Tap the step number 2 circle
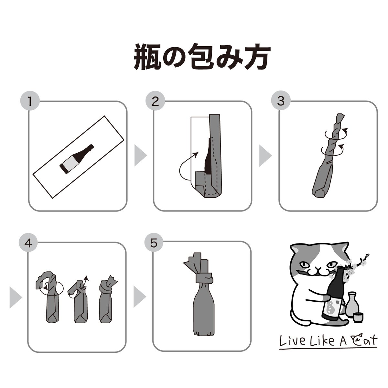tap(155, 102)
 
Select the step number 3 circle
tap(280, 102)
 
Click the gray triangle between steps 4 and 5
tap(139, 294)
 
